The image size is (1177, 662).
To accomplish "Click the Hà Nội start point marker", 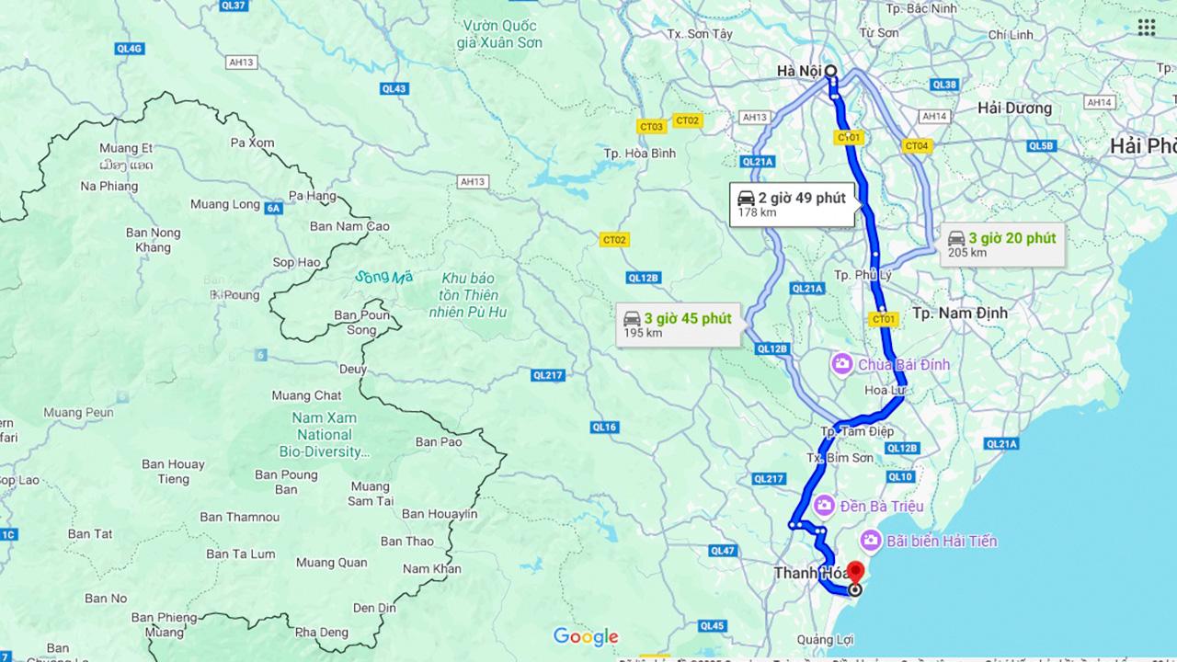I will click(830, 71).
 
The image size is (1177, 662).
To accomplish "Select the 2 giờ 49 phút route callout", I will click(792, 204).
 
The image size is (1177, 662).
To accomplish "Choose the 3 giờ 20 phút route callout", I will click(1001, 244).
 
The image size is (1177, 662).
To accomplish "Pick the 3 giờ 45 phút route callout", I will click(678, 325).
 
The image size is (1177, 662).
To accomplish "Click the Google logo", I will click(586, 636).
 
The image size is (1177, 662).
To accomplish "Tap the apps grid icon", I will click(1146, 28).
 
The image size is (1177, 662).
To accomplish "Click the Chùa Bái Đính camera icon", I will click(841, 365).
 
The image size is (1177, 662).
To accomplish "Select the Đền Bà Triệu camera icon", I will click(824, 506).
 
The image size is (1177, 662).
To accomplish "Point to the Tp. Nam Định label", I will click(960, 314).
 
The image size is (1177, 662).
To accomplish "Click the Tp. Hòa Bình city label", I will click(640, 154).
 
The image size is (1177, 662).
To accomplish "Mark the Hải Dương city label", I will click(1014, 108).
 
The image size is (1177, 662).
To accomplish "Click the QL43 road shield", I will click(394, 88).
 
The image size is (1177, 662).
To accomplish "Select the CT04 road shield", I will click(917, 145).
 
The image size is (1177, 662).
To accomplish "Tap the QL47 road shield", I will click(723, 551).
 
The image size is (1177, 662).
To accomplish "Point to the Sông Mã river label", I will click(384, 277).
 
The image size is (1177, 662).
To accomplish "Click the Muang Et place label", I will click(126, 148).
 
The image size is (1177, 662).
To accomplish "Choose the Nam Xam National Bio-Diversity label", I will click(325, 434).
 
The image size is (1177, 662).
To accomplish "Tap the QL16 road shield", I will click(604, 427).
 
